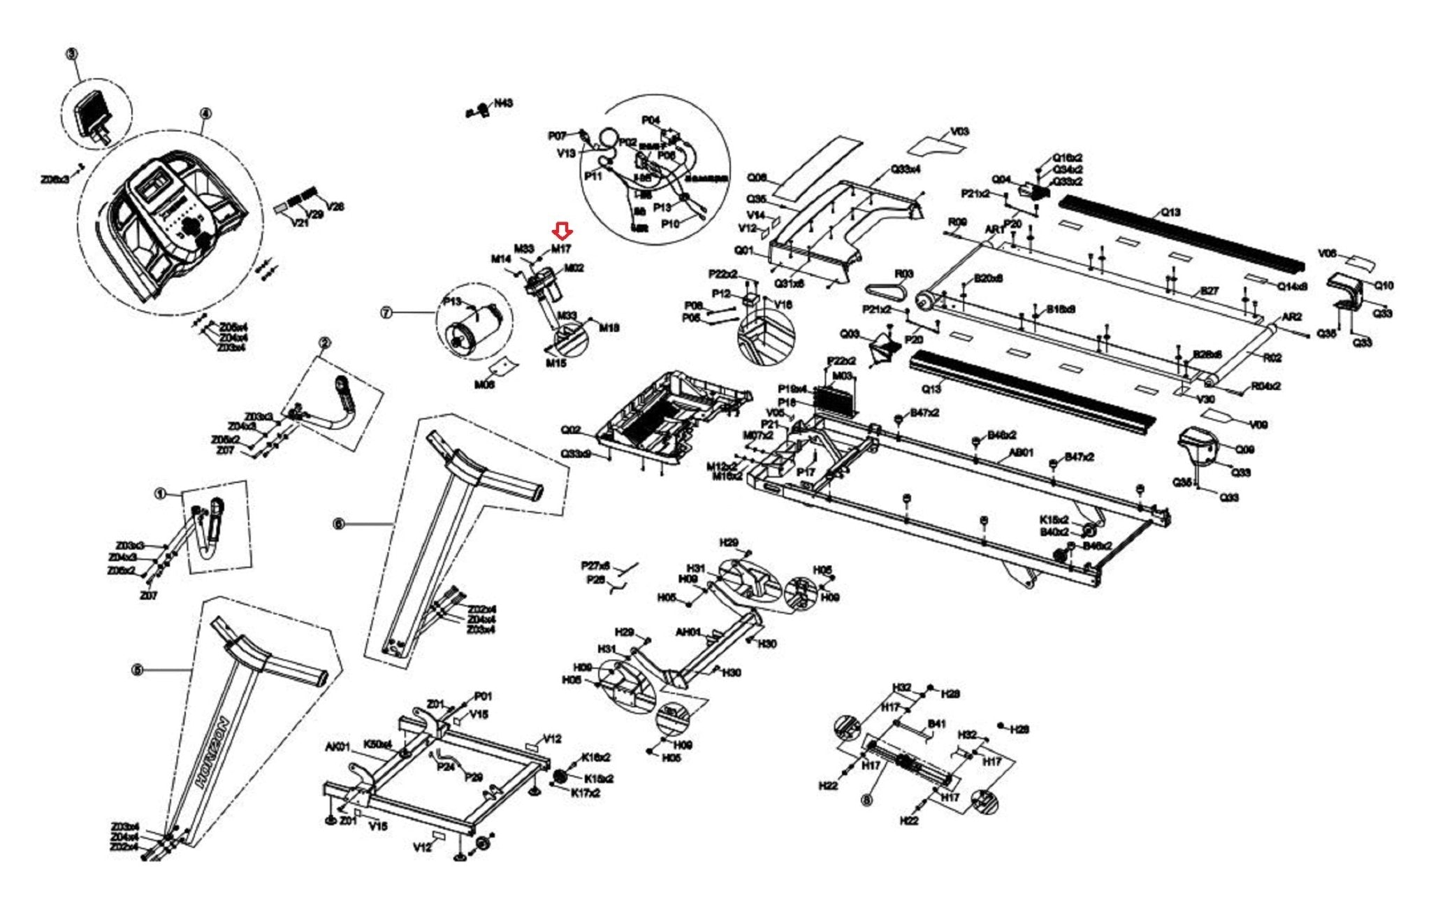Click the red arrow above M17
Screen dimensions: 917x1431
point(562,231)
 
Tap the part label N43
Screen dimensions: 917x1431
point(503,103)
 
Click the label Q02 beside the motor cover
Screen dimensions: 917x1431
point(571,429)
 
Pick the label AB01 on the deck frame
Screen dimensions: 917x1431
point(1021,453)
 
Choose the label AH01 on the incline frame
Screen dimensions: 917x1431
point(688,632)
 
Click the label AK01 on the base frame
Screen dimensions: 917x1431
point(337,747)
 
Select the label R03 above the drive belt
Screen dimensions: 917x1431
point(904,273)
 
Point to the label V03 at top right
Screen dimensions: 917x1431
point(960,131)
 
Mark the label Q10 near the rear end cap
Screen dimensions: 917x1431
point(1383,285)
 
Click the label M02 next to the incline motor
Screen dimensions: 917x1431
point(574,268)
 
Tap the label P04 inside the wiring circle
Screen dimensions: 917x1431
point(651,120)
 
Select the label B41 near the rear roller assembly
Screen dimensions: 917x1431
point(936,723)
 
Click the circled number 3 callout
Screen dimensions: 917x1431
point(72,54)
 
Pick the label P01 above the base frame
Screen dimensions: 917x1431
point(483,696)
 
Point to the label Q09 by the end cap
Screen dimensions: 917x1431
point(1244,449)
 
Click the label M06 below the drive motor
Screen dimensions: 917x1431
point(484,384)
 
